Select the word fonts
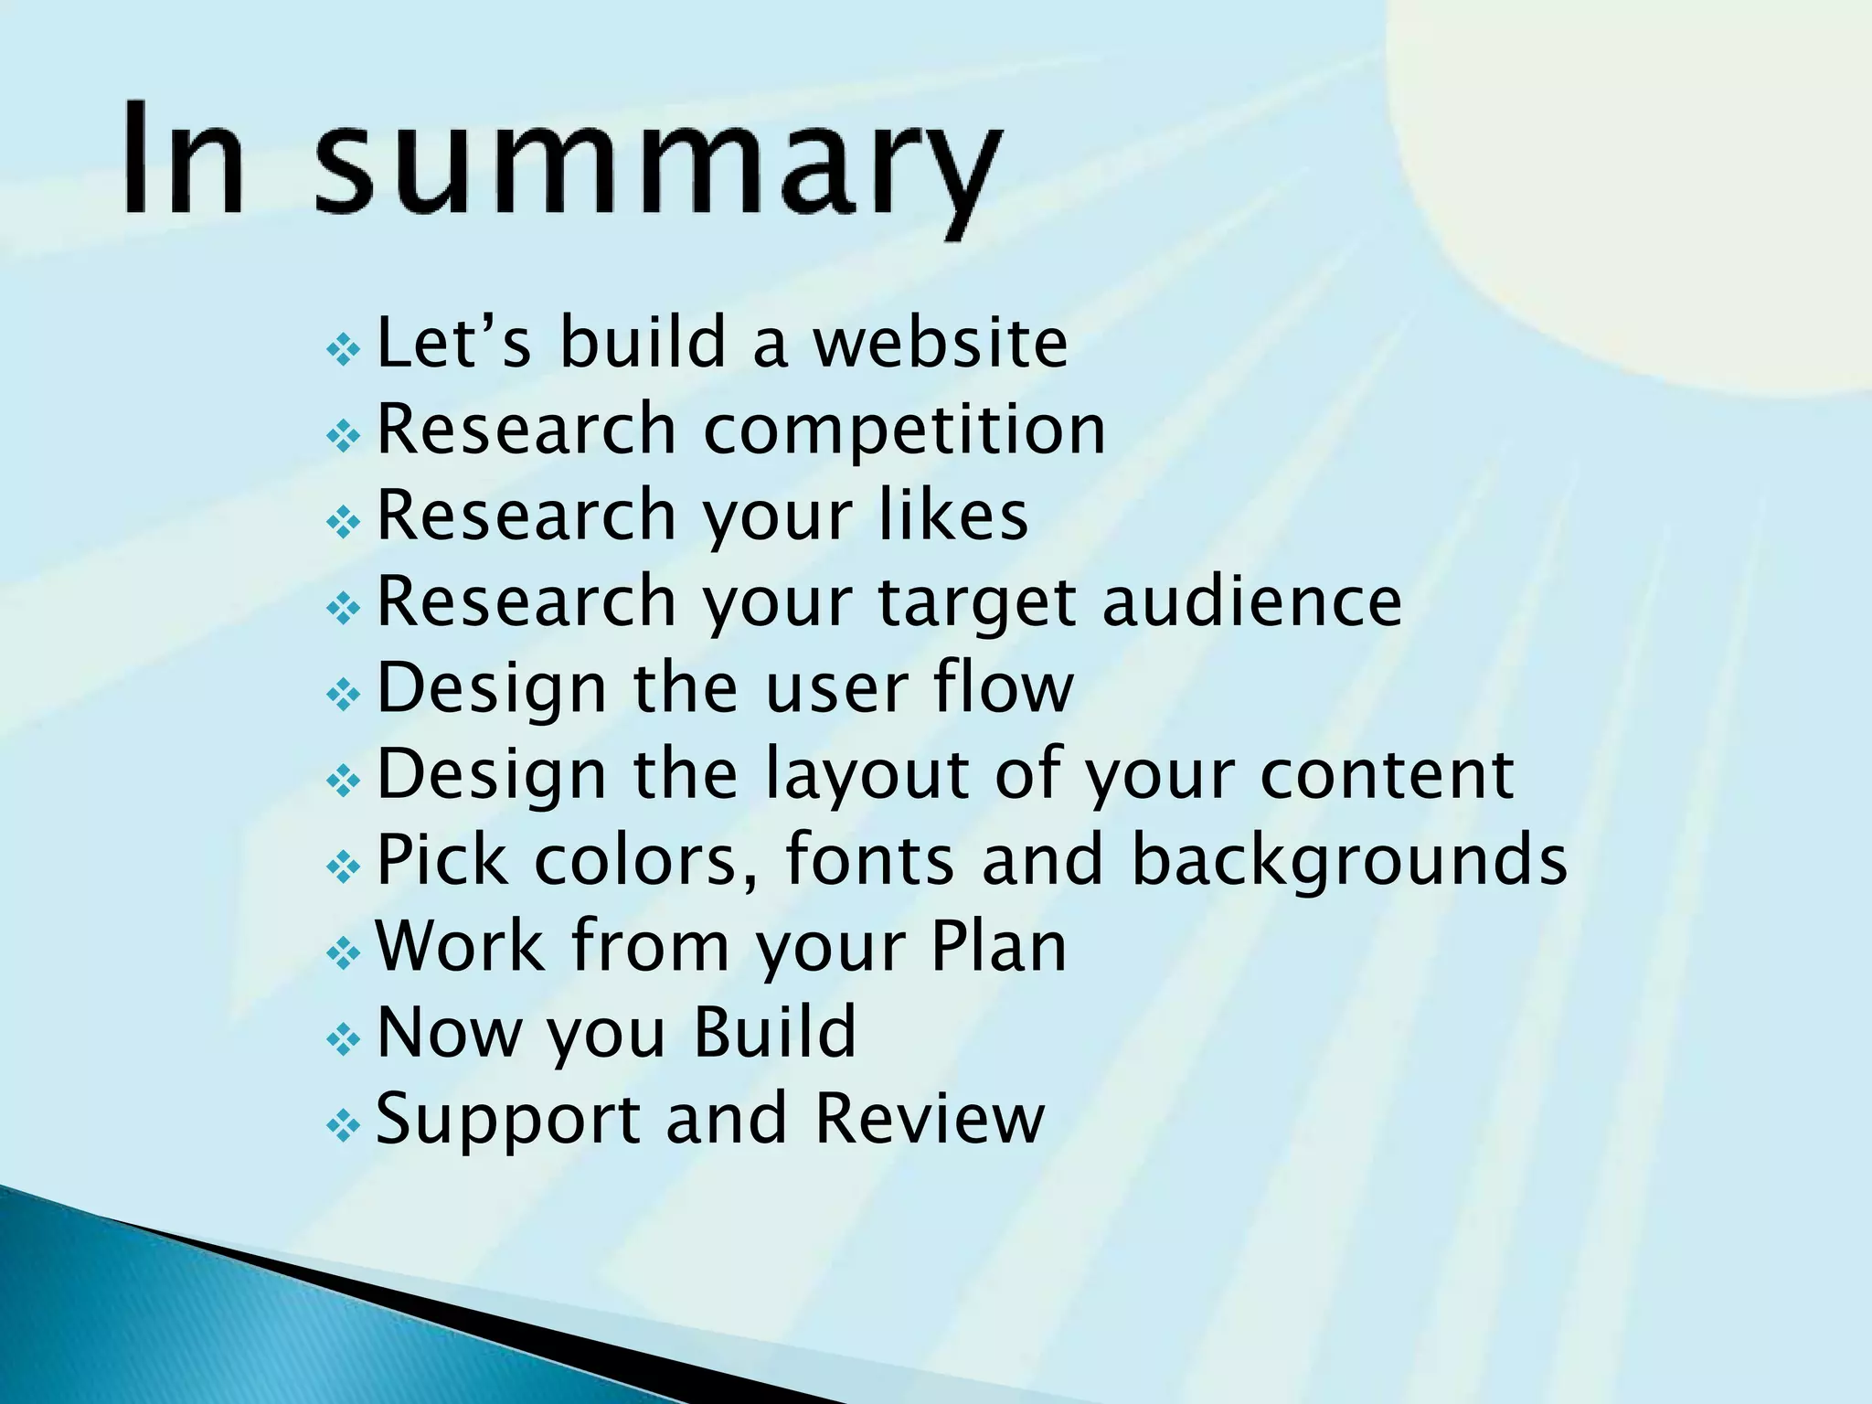[869, 859]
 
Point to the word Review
[929, 1118]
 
